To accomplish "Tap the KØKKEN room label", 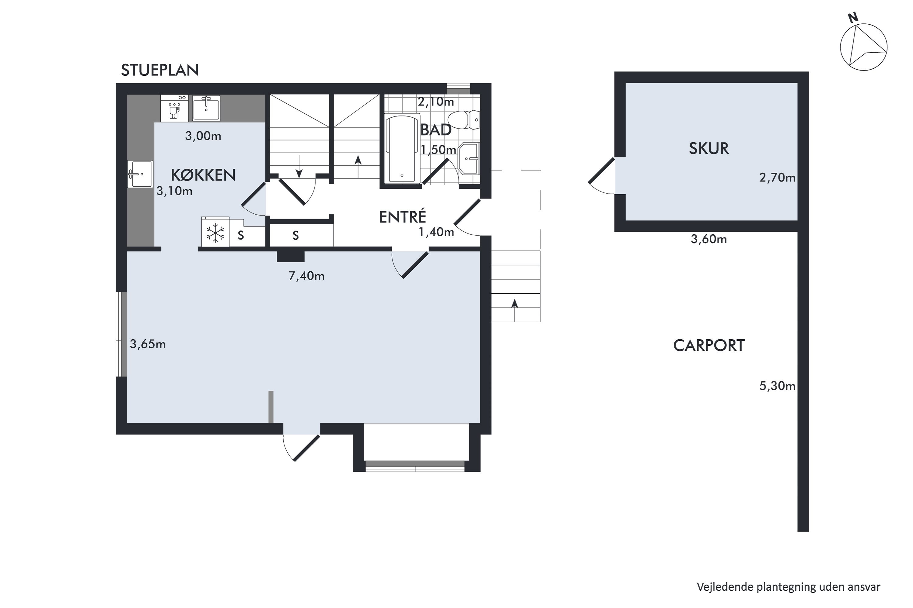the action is pyautogui.click(x=203, y=175).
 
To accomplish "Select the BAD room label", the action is pyautogui.click(x=436, y=130).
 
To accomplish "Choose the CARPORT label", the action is pyautogui.click(x=709, y=345).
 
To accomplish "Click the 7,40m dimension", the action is pyautogui.click(x=306, y=276).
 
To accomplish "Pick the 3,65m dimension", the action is pyautogui.click(x=148, y=344).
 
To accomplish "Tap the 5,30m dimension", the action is pyautogui.click(x=777, y=386).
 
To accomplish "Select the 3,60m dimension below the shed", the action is pyautogui.click(x=708, y=239).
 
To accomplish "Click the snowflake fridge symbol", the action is pyautogui.click(x=215, y=233).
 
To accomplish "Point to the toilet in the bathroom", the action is pyautogui.click(x=464, y=120).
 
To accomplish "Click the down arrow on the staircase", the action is pyautogui.click(x=299, y=166).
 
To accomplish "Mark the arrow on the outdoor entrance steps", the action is pyautogui.click(x=515, y=310).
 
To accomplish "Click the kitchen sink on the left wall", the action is pyautogui.click(x=140, y=174).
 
